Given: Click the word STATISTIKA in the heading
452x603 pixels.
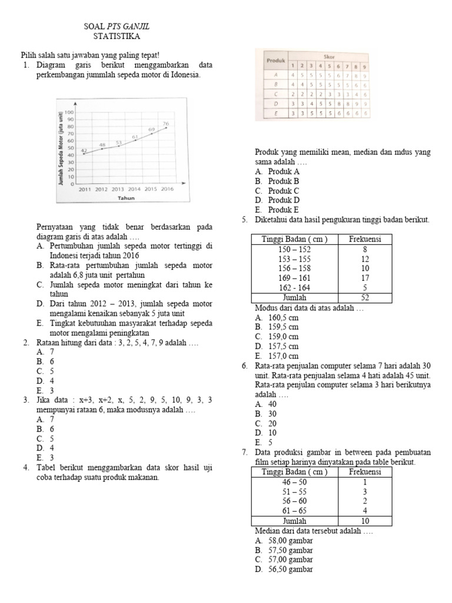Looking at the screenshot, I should [117, 36].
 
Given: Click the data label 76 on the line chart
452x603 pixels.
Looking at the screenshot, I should [166, 124].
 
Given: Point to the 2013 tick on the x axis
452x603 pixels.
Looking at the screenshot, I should [118, 189].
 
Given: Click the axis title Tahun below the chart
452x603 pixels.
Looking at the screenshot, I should [125, 198].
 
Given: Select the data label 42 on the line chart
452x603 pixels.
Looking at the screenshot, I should [84, 151].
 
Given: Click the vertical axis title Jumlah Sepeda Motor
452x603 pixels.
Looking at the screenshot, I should [61, 150].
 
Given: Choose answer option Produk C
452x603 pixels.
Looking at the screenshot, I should [283, 191].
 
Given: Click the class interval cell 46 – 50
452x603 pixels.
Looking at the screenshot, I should [295, 482].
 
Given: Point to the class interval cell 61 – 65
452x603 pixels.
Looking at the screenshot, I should [295, 511].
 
